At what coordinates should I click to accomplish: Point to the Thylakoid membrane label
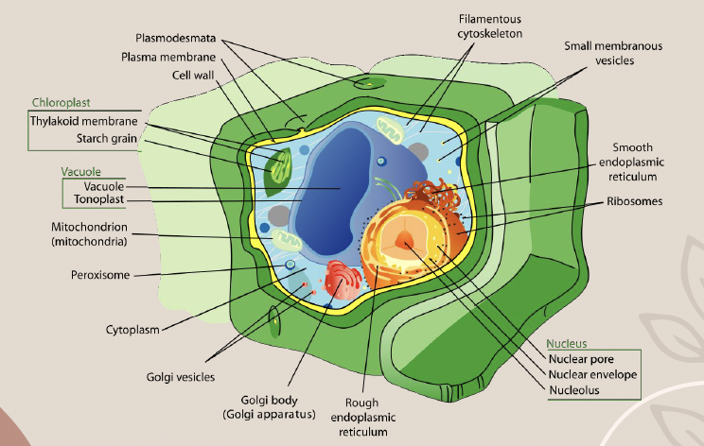(x=83, y=121)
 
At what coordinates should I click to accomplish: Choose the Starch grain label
(x=108, y=139)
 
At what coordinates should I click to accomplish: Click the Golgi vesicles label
(x=181, y=376)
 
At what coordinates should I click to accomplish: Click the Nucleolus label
(x=578, y=389)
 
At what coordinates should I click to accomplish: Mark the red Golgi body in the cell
(x=342, y=284)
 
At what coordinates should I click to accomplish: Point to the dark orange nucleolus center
(x=406, y=242)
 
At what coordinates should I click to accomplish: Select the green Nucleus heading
(x=568, y=343)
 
